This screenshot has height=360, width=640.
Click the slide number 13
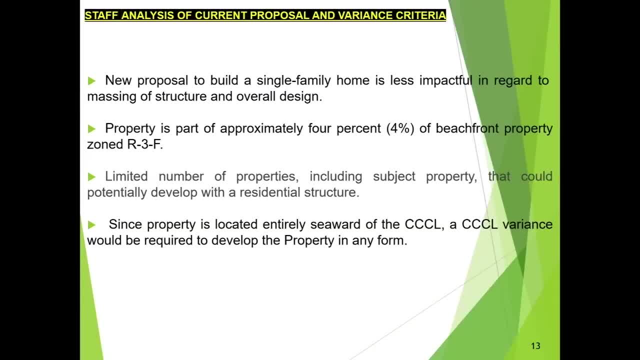(535, 346)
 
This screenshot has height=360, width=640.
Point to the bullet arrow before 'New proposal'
(91, 81)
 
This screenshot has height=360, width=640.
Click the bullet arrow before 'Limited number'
(91, 176)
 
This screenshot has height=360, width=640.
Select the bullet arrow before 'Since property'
(91, 224)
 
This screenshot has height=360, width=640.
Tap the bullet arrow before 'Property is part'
(91, 129)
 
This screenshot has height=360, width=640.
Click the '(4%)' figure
(400, 128)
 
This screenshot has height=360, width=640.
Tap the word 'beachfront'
(467, 128)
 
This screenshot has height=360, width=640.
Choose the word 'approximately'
(261, 128)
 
